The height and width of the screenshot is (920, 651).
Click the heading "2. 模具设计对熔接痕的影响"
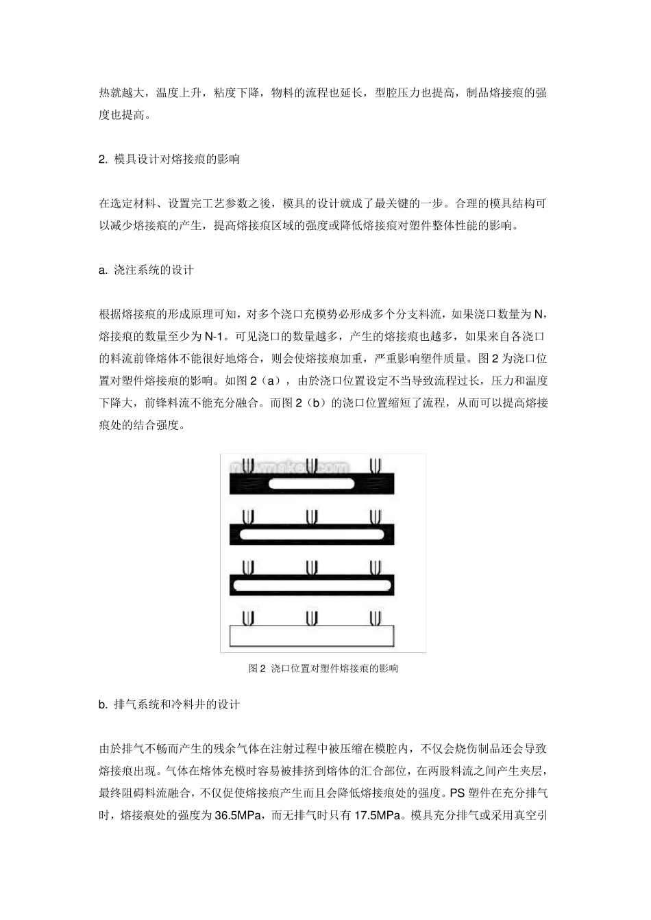point(169,159)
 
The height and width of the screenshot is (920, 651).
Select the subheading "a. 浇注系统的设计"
point(146,270)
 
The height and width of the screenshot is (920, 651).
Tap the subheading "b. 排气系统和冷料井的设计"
point(169,704)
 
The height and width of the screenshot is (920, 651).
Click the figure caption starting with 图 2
point(323,669)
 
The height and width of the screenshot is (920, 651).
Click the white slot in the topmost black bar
point(311,484)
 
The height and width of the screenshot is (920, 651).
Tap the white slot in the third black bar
point(312,585)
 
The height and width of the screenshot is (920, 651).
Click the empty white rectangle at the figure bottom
point(312,636)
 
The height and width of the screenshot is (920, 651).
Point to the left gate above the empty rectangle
point(248,618)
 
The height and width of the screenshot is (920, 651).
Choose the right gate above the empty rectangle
point(375,618)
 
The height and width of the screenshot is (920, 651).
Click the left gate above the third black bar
point(248,567)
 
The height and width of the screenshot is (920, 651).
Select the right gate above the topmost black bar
point(375,465)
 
